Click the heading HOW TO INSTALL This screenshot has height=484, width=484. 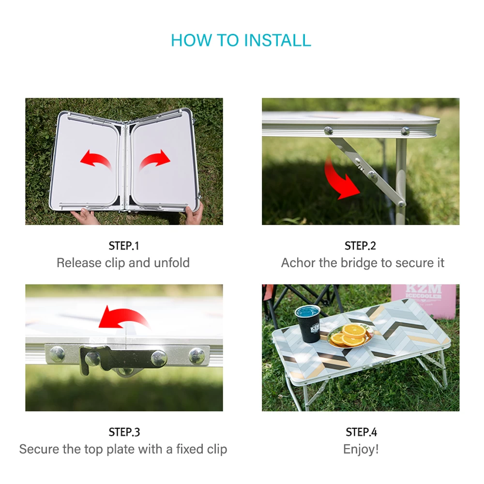coord(241,41)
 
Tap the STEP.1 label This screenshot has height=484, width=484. coord(124,246)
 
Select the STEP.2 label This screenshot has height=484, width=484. coord(360,246)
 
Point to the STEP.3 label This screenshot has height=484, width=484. coord(124,432)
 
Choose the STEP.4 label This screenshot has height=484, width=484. coord(361,432)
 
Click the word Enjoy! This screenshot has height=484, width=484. coord(361,450)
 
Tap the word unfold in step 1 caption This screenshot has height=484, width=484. coord(172,263)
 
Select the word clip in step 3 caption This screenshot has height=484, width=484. coord(217,450)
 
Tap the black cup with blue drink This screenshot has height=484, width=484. coord(307,324)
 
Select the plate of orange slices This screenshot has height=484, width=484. coord(350,335)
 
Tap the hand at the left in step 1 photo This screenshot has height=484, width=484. coord(83,215)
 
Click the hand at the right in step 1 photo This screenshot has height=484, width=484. coord(194,213)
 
